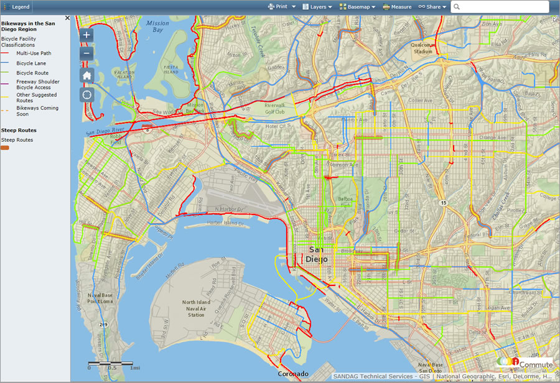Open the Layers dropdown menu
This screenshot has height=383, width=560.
[x=317, y=7]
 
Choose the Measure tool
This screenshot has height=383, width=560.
[x=397, y=7]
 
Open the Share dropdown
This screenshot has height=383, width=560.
[x=432, y=7]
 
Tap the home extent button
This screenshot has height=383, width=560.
[x=87, y=75]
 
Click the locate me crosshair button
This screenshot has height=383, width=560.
[x=87, y=95]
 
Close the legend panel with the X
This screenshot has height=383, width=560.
[x=67, y=18]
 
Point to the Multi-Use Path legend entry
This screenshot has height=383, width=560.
[x=34, y=53]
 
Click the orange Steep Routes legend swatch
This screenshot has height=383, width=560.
[x=5, y=148]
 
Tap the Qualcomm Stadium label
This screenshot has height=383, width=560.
[x=423, y=48]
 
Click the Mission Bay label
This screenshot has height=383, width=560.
[x=157, y=26]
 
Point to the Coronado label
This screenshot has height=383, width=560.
[x=292, y=374]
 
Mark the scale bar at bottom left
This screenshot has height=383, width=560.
[x=110, y=363]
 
